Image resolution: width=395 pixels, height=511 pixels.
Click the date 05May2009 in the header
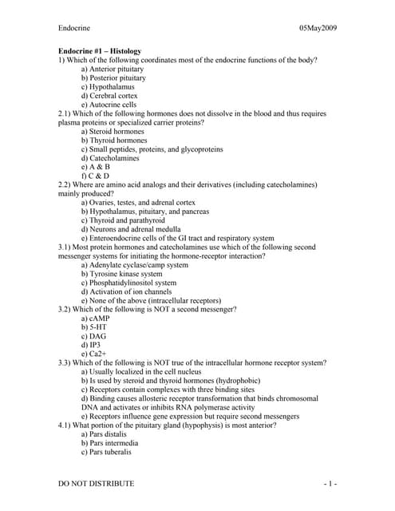(318, 29)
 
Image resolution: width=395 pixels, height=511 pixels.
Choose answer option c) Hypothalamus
(112, 87)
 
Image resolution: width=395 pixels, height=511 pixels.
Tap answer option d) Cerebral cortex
(114, 96)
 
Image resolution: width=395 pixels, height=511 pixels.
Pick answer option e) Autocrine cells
(113, 105)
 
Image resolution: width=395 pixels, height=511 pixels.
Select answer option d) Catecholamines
(114, 158)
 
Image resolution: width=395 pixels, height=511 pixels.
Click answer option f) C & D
(95, 176)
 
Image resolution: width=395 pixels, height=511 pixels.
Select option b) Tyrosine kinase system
(121, 274)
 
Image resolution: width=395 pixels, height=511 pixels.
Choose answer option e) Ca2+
(93, 354)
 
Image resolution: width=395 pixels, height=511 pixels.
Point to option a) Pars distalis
(109, 434)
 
